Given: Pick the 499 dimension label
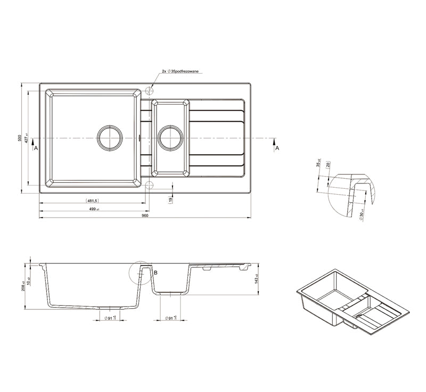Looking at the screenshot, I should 92,209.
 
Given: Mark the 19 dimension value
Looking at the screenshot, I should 170,200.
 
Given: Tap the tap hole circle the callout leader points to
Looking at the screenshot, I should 149,91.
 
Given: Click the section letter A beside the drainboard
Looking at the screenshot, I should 276,148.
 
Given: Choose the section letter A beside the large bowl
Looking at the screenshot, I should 36,148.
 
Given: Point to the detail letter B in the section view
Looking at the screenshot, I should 155,273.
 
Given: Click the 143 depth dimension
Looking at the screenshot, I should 256,278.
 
